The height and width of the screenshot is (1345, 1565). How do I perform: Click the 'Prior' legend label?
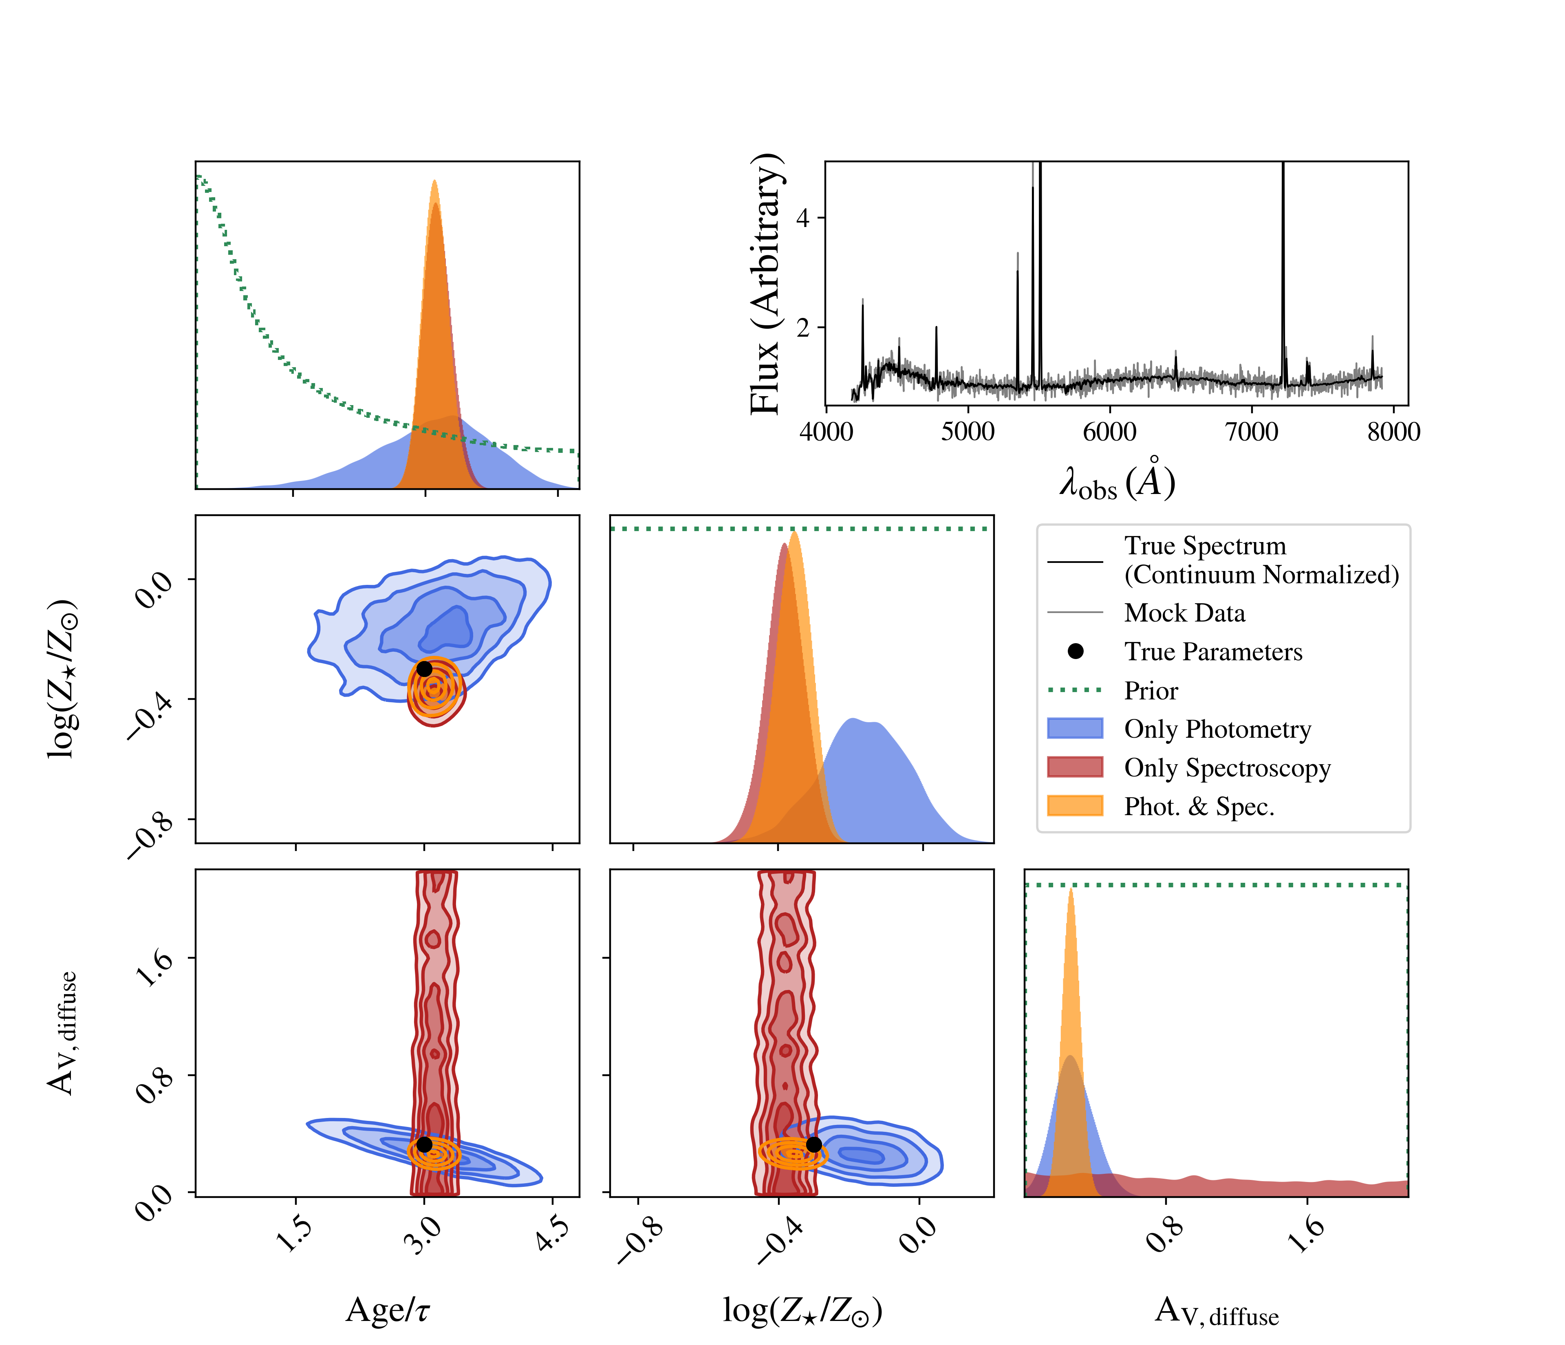click(x=1151, y=690)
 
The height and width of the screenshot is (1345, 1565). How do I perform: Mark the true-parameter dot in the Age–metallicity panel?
click(x=425, y=668)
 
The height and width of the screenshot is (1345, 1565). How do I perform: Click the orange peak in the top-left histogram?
click(x=434, y=183)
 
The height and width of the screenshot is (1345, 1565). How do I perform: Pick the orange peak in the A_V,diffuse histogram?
click(x=1070, y=891)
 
